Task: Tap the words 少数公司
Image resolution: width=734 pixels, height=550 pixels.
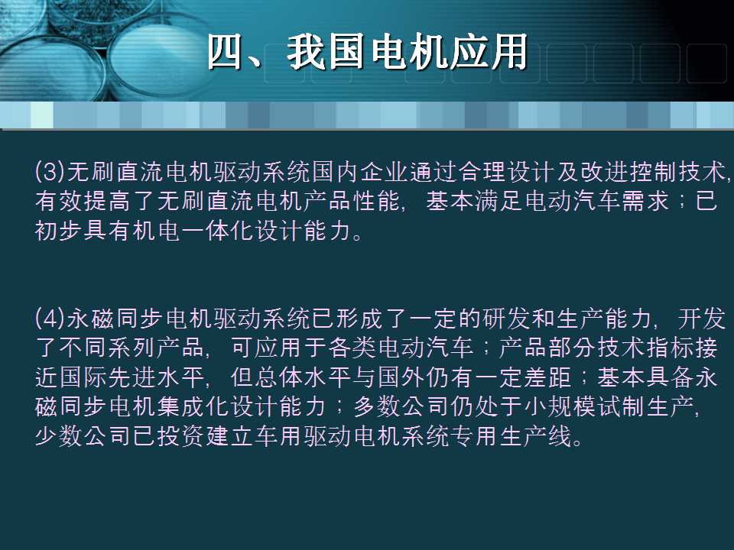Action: [75, 435]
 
